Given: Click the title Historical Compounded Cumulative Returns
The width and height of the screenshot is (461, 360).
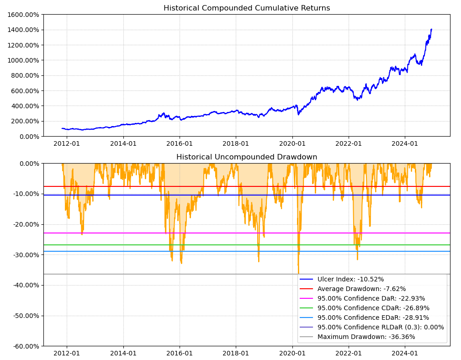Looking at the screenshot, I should (247, 8).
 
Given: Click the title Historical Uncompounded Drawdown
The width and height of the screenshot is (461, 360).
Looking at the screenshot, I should (247, 157).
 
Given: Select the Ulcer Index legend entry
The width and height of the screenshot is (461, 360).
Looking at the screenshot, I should (350, 279).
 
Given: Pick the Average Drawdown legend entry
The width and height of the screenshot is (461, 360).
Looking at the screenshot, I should (361, 289).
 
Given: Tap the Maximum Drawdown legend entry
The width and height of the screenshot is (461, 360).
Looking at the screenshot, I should (366, 337).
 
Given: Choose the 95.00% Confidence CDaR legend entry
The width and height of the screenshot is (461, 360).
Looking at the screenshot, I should (373, 308).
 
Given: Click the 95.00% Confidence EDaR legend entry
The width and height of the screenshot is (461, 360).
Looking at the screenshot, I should (373, 318).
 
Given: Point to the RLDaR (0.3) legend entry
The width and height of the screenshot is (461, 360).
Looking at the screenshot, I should (381, 327).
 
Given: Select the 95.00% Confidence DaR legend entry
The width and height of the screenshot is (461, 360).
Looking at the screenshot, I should (371, 298).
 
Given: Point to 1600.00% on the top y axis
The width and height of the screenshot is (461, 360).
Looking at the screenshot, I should (23, 15).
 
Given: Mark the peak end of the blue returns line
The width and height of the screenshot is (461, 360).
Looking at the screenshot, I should (431, 29).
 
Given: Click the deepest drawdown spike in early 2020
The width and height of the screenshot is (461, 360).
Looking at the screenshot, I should (298, 273).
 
